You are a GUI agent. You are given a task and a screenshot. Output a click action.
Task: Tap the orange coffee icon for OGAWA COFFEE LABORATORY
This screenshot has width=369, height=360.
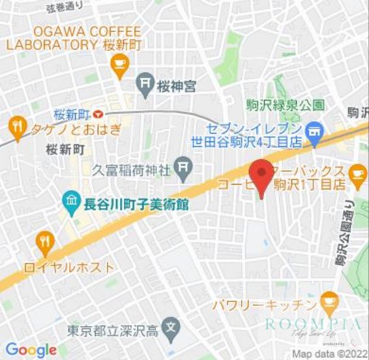tap(119, 63)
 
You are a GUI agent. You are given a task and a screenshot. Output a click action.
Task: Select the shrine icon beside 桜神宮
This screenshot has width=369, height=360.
tap(145, 84)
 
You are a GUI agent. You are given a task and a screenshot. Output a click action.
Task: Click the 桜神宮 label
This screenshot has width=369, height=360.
tap(176, 85)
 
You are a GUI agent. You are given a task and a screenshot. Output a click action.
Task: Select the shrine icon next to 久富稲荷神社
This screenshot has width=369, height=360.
tap(184, 169)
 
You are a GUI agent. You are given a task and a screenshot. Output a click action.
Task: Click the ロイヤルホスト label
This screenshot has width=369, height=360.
tap(68, 267)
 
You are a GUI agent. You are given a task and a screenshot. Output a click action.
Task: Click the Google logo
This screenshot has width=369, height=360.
tap(31, 350)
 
